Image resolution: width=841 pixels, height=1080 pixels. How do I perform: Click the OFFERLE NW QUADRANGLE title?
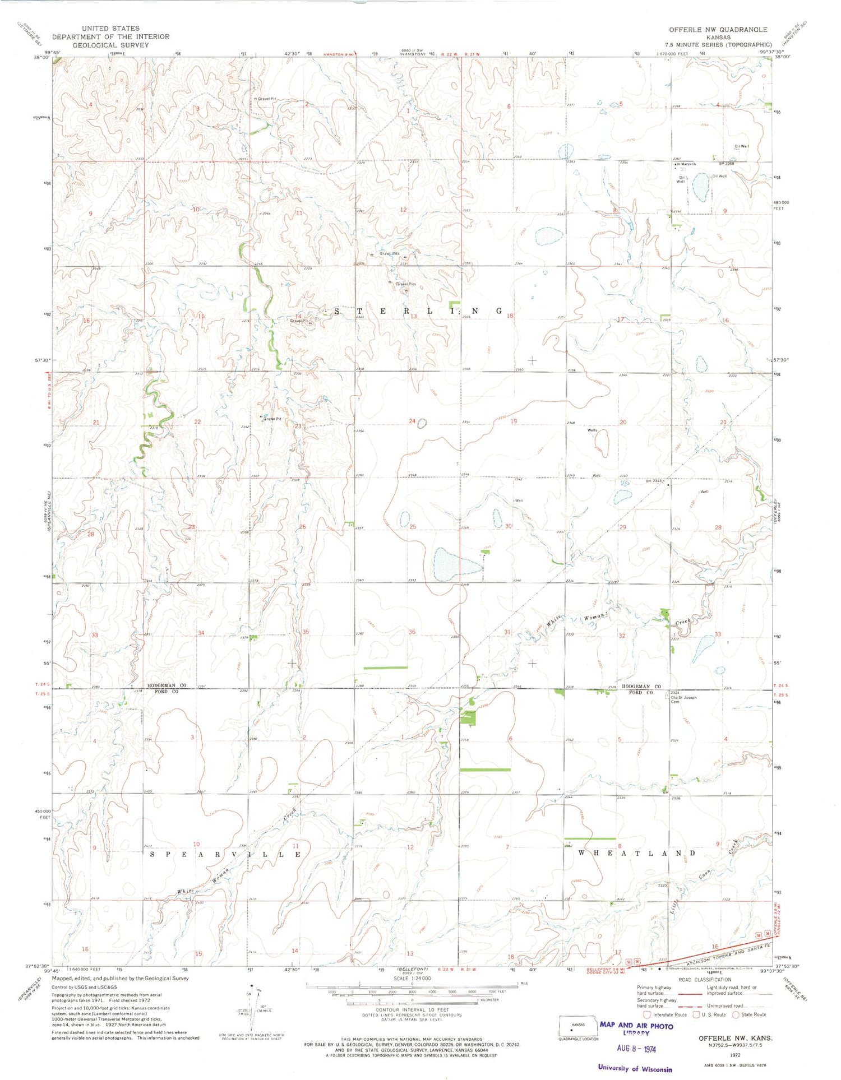[718, 29]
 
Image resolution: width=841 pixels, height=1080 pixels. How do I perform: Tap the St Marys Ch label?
[686, 164]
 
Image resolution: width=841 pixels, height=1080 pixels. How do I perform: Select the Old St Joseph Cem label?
[683, 699]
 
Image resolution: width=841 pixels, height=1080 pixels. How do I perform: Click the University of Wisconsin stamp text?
[635, 1068]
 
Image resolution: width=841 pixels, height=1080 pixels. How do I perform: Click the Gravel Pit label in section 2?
[265, 99]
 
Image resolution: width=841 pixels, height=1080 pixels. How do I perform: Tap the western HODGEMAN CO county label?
[167, 685]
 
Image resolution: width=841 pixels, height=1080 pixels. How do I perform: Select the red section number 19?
[514, 421]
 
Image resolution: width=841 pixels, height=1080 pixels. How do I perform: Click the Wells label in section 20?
[592, 430]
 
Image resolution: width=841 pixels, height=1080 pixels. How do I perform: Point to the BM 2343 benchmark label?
[654, 481]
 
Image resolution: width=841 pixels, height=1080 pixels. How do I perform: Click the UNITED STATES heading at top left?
[110, 28]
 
